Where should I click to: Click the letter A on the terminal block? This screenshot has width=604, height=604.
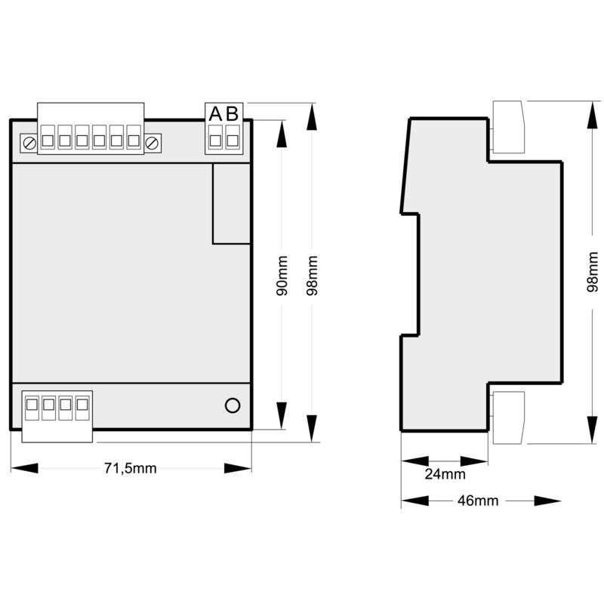pyautogui.click(x=215, y=114)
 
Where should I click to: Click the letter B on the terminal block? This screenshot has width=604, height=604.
pyautogui.click(x=233, y=114)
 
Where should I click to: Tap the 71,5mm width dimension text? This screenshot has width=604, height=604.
pyautogui.click(x=130, y=468)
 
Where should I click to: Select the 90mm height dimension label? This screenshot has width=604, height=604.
pyautogui.click(x=282, y=276)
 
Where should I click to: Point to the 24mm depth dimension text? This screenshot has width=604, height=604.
pyautogui.click(x=445, y=474)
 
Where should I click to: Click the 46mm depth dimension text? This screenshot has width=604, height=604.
pyautogui.click(x=478, y=501)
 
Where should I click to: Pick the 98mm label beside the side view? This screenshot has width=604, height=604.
pyautogui.click(x=593, y=272)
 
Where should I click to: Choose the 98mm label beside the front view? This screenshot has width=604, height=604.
pyautogui.click(x=312, y=276)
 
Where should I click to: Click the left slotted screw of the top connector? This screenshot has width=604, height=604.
pyautogui.click(x=29, y=143)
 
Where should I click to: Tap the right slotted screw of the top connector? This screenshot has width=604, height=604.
pyautogui.click(x=152, y=143)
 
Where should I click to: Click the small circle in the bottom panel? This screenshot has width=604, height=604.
pyautogui.click(x=233, y=405)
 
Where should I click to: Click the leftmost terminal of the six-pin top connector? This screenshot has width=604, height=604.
pyautogui.click(x=48, y=137)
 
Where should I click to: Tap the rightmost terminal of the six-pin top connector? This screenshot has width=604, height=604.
pyautogui.click(x=134, y=137)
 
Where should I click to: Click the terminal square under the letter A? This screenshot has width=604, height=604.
pyautogui.click(x=215, y=140)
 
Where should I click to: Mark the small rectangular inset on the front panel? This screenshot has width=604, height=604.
pyautogui.click(x=232, y=203)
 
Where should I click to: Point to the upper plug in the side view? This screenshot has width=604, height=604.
pyautogui.click(x=508, y=126)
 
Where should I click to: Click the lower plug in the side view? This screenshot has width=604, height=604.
pyautogui.click(x=508, y=418)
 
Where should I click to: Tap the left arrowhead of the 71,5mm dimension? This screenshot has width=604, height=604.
pyautogui.click(x=25, y=468)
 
